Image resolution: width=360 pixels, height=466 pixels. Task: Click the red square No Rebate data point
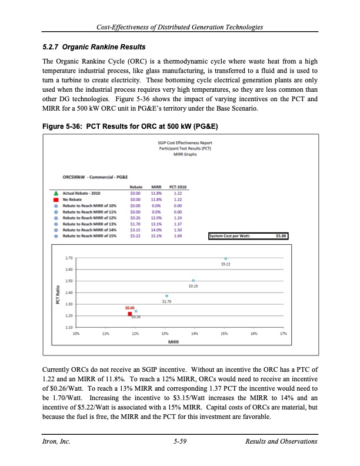coord(130,314)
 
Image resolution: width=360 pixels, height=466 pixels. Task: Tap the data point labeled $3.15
coord(194,280)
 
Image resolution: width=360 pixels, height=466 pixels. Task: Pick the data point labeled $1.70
coord(167,295)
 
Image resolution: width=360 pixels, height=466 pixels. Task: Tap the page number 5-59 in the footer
coord(180,442)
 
